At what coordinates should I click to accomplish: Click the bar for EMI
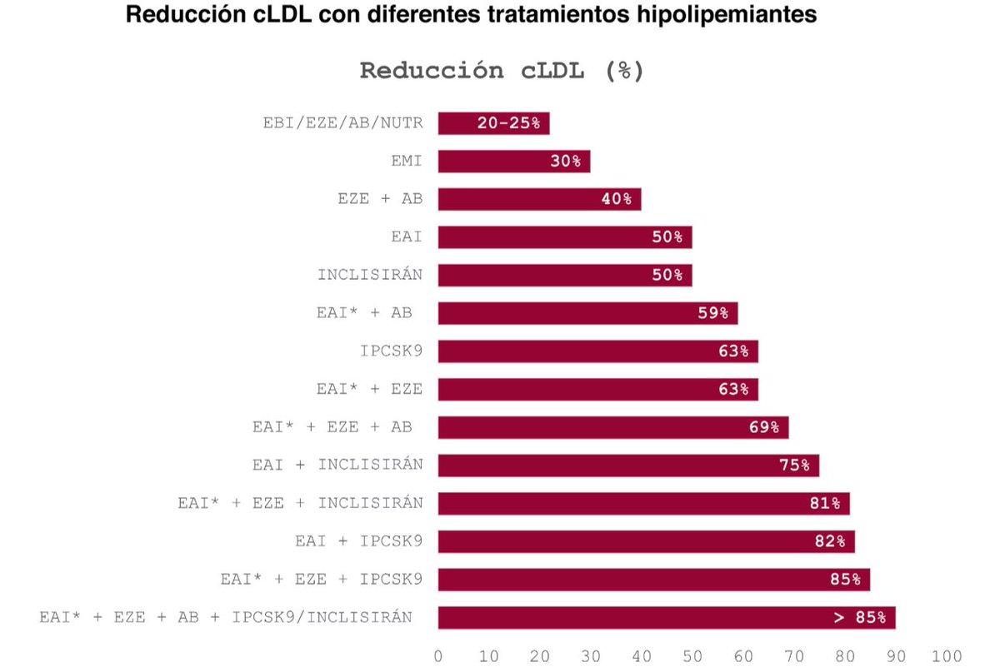coord(513,162)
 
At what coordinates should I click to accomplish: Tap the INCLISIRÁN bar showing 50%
coord(564,276)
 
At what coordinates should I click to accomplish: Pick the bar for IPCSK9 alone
coord(597,351)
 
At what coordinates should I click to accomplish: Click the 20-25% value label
coord(508,123)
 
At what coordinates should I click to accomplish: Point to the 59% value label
coord(712,314)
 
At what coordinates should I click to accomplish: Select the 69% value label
coord(763,428)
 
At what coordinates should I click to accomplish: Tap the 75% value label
coord(794,465)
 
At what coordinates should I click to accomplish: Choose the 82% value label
coord(830,542)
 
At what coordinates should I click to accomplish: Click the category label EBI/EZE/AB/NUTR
coord(342,123)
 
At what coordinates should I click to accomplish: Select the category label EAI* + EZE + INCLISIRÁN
coord(300,504)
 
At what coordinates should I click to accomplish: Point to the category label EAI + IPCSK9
coord(358,541)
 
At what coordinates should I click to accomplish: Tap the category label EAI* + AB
coord(364,314)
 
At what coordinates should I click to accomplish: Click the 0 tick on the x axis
coord(438,655)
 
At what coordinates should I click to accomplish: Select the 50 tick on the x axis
coord(692,655)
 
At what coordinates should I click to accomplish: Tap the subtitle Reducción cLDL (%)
coord(502,71)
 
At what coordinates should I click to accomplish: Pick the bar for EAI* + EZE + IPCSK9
coord(653,580)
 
